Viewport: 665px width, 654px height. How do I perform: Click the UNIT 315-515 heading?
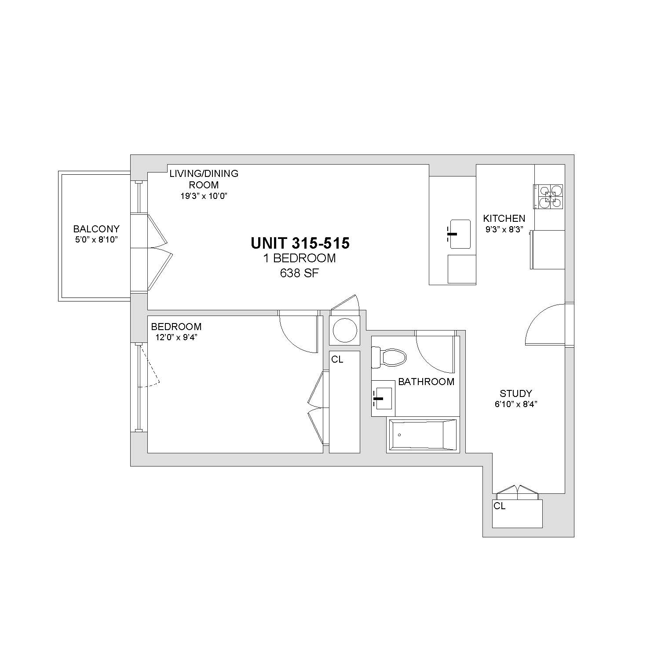click(300, 243)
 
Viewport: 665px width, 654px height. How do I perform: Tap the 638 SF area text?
click(300, 273)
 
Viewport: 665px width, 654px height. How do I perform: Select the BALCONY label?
click(96, 229)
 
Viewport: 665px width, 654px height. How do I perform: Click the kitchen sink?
click(460, 234)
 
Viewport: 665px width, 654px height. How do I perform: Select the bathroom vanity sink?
click(383, 398)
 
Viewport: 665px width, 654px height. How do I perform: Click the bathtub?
click(423, 435)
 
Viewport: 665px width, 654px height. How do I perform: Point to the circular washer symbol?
click(345, 330)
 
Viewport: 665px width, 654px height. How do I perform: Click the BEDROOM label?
click(176, 327)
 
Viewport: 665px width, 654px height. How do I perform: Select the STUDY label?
click(516, 393)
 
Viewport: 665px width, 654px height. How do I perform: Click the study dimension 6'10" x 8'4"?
click(516, 404)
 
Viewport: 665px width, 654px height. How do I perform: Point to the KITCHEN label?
click(504, 218)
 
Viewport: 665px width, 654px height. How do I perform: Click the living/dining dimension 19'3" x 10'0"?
click(204, 196)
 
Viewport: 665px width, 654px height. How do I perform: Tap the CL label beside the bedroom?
click(337, 360)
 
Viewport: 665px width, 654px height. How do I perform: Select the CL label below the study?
click(500, 506)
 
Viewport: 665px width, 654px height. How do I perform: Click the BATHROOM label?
click(426, 382)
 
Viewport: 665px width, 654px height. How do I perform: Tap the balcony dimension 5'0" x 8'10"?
click(96, 240)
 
